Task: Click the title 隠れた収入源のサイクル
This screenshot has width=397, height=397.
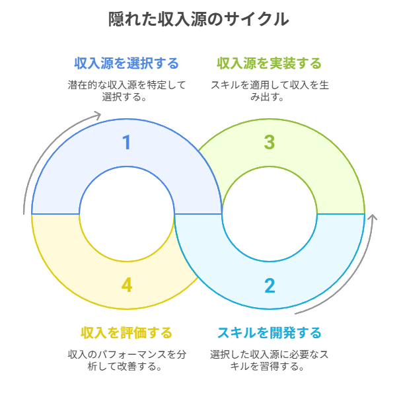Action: pyautogui.click(x=198, y=19)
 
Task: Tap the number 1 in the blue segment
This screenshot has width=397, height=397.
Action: pyautogui.click(x=127, y=143)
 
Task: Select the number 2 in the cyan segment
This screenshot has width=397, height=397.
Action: pyautogui.click(x=270, y=285)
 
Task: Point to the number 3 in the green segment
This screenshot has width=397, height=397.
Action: pyautogui.click(x=270, y=143)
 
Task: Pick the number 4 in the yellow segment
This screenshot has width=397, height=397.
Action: pyautogui.click(x=127, y=285)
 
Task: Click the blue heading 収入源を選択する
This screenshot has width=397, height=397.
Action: pyautogui.click(x=127, y=63)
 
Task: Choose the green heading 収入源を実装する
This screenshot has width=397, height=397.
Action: pyautogui.click(x=270, y=63)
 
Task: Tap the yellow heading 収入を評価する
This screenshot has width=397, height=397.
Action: pyautogui.click(x=127, y=332)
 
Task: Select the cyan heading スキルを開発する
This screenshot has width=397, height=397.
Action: pyautogui.click(x=270, y=332)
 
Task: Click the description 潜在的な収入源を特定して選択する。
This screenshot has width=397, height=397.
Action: pyautogui.click(x=127, y=90)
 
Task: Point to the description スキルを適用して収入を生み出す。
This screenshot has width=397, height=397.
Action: pyautogui.click(x=270, y=90)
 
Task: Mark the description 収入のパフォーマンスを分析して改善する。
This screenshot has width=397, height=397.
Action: pyautogui.click(x=127, y=360)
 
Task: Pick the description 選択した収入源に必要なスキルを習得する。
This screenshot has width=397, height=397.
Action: pyautogui.click(x=270, y=360)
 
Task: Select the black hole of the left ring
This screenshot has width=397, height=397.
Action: pyautogui.click(x=127, y=213)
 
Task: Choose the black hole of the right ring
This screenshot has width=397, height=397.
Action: pyautogui.click(x=270, y=213)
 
